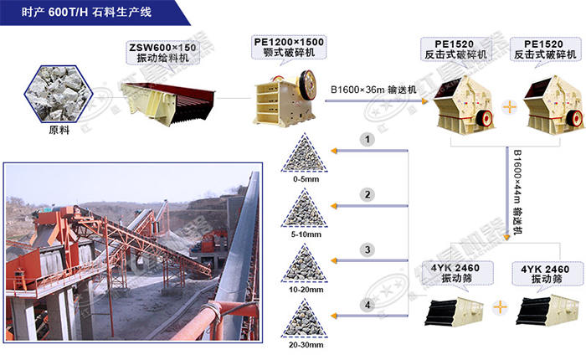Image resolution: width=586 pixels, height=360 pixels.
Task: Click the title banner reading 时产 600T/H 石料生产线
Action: (x=87, y=12)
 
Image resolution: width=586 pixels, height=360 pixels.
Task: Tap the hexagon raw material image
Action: (x=59, y=94)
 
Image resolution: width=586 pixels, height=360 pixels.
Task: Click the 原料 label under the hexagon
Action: (x=59, y=130)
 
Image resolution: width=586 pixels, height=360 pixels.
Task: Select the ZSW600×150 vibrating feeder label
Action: (x=162, y=53)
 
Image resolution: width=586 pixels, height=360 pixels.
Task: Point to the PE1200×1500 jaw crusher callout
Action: (x=289, y=47)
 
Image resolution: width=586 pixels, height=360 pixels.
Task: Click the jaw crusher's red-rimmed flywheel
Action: (x=307, y=85)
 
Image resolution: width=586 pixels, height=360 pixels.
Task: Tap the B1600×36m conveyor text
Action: (x=373, y=90)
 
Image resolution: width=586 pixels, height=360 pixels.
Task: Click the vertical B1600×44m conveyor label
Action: (x=517, y=193)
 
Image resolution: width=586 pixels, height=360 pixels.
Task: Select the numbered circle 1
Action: (x=368, y=140)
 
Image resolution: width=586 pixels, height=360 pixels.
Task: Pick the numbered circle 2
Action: (x=368, y=194)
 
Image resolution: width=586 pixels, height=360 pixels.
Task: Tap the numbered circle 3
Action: (x=368, y=249)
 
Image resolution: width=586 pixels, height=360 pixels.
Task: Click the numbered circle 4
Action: (x=368, y=305)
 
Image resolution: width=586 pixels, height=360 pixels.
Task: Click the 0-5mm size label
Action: (x=306, y=179)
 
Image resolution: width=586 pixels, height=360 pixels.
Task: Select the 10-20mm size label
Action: (x=306, y=290)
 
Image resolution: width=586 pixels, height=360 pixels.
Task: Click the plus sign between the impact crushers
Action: (x=509, y=108)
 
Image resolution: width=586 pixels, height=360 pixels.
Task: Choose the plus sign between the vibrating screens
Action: (x=500, y=307)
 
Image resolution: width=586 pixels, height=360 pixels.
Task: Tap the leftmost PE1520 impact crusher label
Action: (x=455, y=49)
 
